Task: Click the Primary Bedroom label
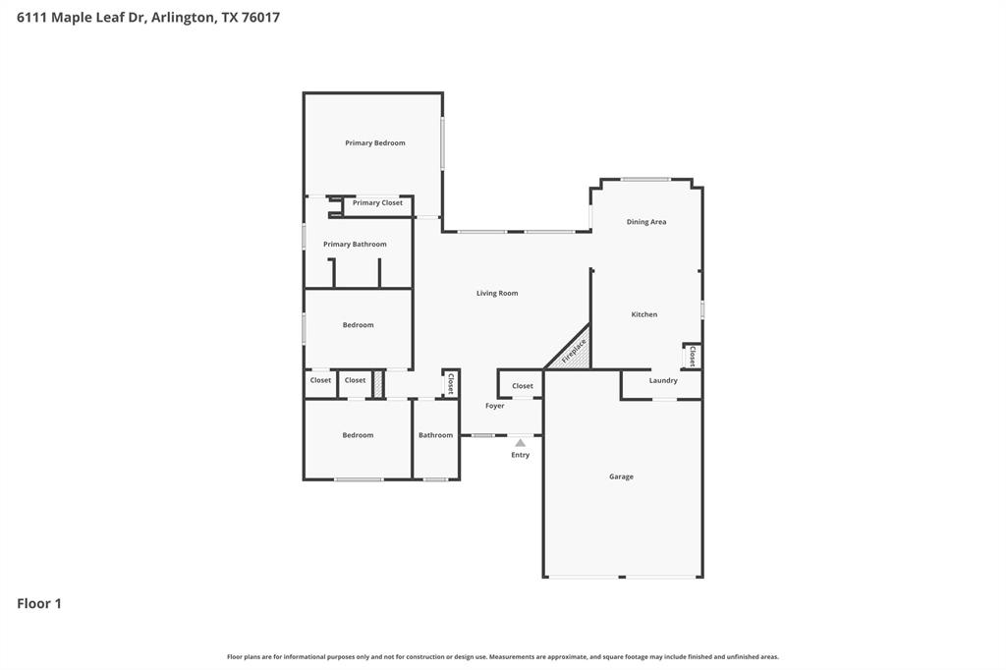pos(374,143)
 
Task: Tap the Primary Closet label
pos(377,203)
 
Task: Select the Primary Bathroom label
pos(355,245)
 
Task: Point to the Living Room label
pos(497,294)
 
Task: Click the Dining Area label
pos(646,222)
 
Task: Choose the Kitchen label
pos(644,314)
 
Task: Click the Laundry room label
pos(663,380)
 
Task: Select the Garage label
pos(621,476)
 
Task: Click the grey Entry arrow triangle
pos(521,443)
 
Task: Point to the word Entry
pos(521,455)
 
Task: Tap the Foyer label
pos(495,406)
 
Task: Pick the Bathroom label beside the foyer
pos(435,435)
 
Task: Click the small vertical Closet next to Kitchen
pos(693,356)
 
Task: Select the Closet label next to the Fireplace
pos(523,386)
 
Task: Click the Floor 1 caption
pos(39,603)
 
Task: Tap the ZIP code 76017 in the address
pos(260,17)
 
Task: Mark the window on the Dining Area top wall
pos(645,179)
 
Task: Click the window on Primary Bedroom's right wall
pos(442,143)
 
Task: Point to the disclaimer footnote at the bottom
pos(503,656)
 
